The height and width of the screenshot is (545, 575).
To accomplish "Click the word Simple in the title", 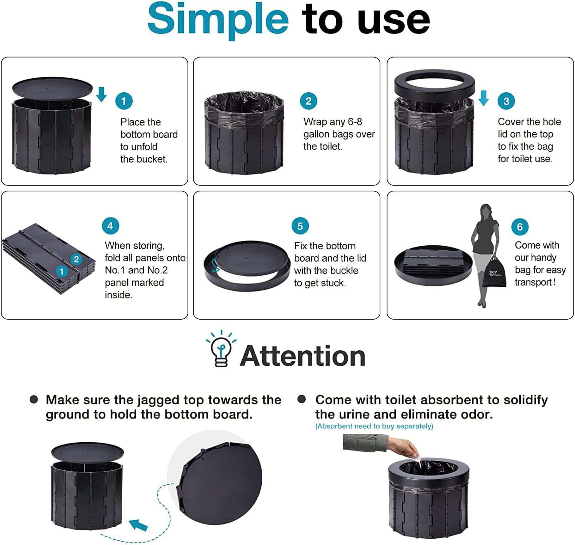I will [x=218, y=19].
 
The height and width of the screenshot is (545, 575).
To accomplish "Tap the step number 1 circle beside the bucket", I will [x=124, y=101].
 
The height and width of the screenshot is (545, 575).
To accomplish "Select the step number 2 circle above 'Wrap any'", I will [x=308, y=101].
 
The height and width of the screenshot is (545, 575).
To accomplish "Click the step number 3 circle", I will [x=506, y=101].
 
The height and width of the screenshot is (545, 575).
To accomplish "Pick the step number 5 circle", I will [x=300, y=226].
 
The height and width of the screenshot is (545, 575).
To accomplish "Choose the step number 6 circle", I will [x=520, y=227].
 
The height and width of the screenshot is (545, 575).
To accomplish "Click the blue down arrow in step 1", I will [x=102, y=94].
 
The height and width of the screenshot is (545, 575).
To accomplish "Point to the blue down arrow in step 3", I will [x=484, y=98].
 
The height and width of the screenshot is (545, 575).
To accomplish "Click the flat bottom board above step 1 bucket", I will [x=53, y=88].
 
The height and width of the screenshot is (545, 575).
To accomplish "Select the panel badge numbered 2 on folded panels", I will [x=76, y=259].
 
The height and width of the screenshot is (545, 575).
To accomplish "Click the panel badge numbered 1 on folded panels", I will [x=62, y=272].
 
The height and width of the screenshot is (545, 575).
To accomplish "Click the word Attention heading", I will [x=303, y=356].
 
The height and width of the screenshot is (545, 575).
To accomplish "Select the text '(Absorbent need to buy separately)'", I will [x=374, y=426].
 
